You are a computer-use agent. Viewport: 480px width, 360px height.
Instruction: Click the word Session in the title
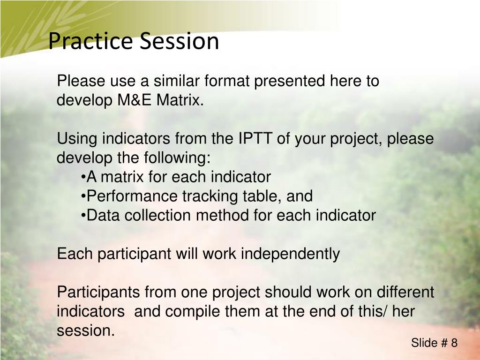[180, 41]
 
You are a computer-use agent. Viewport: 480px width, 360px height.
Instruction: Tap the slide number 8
[454, 343]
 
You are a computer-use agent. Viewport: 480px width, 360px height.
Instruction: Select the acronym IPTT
[255, 138]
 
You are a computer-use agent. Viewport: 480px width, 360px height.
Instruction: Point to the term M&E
[135, 100]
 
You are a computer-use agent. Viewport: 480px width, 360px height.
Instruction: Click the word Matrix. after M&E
[180, 100]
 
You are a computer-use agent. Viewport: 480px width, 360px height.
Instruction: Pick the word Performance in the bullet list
[132, 196]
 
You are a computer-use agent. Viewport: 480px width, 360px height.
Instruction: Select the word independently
[290, 254]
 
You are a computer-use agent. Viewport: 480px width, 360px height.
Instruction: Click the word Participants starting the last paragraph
[98, 292]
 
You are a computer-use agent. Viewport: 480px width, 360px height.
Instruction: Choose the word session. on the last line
[86, 331]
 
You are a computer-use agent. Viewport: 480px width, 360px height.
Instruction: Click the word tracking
[210, 196]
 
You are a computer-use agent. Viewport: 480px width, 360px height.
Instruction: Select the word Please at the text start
[81, 81]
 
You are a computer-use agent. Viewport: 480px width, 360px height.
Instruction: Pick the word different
[405, 292]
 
